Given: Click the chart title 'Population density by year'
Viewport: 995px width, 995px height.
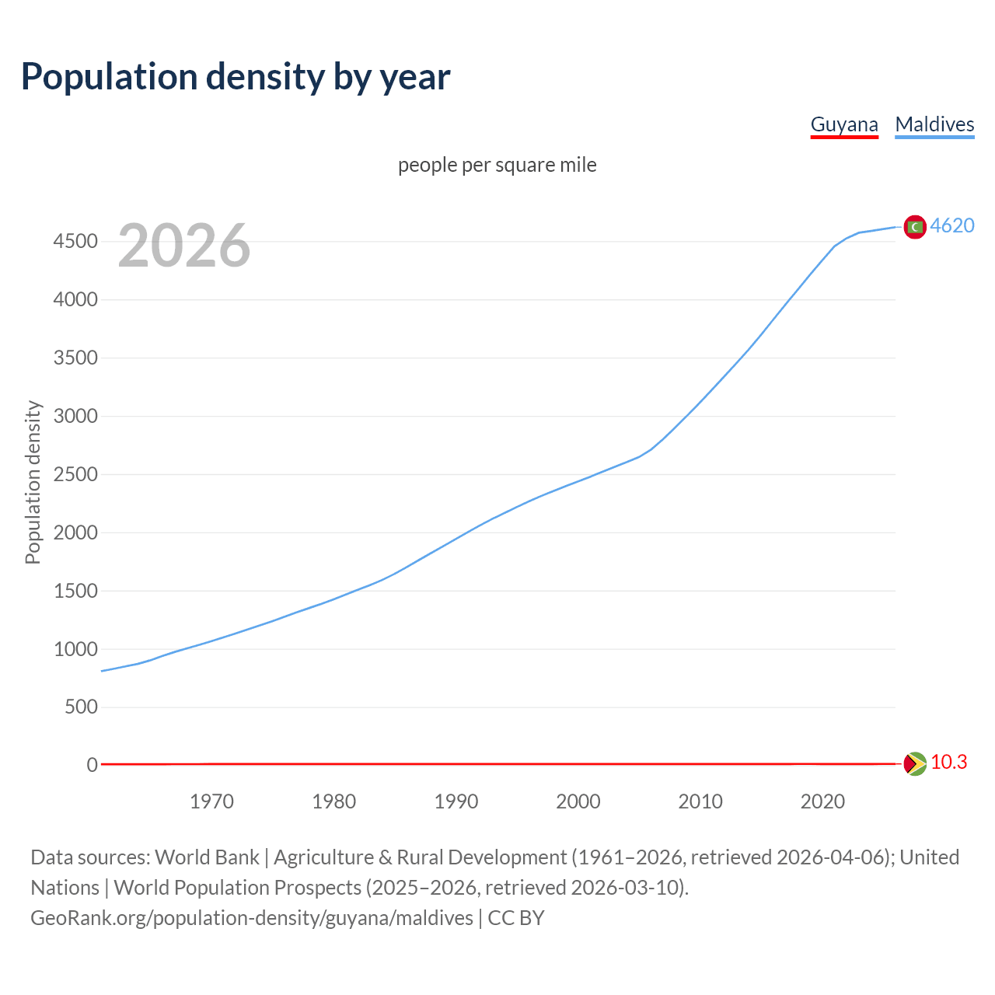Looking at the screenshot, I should point(236,76).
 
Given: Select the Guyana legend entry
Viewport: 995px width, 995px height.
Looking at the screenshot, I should point(843,124).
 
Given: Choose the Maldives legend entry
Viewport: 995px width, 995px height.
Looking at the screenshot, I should point(934,124).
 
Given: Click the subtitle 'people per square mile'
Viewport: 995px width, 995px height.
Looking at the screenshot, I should point(497,165).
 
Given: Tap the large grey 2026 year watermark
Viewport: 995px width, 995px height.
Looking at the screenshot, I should point(184,246).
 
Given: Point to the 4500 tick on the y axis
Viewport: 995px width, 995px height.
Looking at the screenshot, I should point(75,241).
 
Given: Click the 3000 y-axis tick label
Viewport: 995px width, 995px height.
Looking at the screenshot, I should point(75,416).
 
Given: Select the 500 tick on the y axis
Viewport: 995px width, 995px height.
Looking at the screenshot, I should point(81,707).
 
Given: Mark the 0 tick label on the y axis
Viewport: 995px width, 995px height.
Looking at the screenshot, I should point(93,765).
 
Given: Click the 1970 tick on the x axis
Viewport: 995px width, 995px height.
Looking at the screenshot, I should point(211,801).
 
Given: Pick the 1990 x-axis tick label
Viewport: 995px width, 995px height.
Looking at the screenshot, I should point(456,801).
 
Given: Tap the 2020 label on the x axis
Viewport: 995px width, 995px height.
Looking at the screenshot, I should point(822,801).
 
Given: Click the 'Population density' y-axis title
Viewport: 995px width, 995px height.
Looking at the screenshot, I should point(33,482).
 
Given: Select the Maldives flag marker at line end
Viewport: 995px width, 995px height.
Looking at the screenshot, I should point(915,226).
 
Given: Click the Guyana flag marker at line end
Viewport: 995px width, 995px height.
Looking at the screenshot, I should point(915,763).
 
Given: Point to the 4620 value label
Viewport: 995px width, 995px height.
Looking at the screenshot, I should point(952,225).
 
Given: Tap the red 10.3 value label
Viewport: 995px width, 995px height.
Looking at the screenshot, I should point(948,762).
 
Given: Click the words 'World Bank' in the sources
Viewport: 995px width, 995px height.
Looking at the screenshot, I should point(207,857).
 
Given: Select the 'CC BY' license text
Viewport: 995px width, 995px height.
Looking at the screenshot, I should point(516,917).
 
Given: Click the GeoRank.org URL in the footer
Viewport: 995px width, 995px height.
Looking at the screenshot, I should point(251,917).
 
